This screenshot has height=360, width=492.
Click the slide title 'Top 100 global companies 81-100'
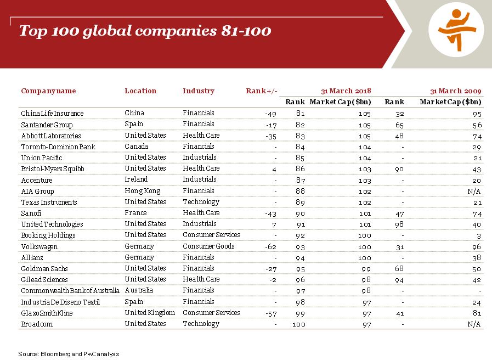pos(145,31)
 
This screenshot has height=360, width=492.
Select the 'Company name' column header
pos(48,91)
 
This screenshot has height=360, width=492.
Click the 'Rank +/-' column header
pos(262,91)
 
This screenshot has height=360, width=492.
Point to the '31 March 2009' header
pos(455,91)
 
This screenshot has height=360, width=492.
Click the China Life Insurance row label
pos(52,114)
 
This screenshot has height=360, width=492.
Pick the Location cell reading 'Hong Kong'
pos(143,191)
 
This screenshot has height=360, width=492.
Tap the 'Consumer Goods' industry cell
pos(208,246)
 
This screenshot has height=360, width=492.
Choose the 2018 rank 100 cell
pos(298,324)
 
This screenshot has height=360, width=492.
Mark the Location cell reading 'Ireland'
pos(136,179)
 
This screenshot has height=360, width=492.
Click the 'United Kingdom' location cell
pos(150,313)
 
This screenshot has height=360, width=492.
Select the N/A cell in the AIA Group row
pos(474,191)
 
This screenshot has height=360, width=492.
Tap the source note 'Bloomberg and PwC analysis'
pos(69,354)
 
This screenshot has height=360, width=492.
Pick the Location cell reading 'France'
pos(135,213)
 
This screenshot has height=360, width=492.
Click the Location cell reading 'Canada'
pos(137,147)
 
